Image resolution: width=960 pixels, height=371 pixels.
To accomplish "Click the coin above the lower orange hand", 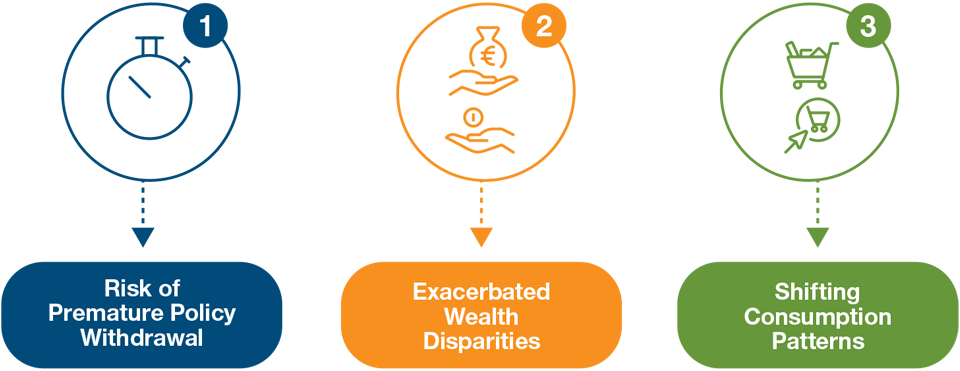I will pos(479,119).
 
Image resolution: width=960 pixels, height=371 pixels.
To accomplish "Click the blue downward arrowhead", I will pos(143,237).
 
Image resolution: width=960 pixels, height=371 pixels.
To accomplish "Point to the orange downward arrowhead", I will pos(481,237).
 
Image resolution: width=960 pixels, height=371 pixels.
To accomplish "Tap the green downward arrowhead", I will pos(818,237).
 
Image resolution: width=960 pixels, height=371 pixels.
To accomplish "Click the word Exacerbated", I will pos(481,292).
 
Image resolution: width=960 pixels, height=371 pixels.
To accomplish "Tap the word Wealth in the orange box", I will pos(481,316).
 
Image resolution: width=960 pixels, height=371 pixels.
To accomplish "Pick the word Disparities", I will pos(481,340).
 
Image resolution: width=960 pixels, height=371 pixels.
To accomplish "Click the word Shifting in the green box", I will pos(818,292).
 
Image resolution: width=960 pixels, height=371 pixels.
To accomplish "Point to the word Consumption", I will pos(818,316).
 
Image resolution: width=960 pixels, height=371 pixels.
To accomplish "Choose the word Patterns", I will pos(818,340).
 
